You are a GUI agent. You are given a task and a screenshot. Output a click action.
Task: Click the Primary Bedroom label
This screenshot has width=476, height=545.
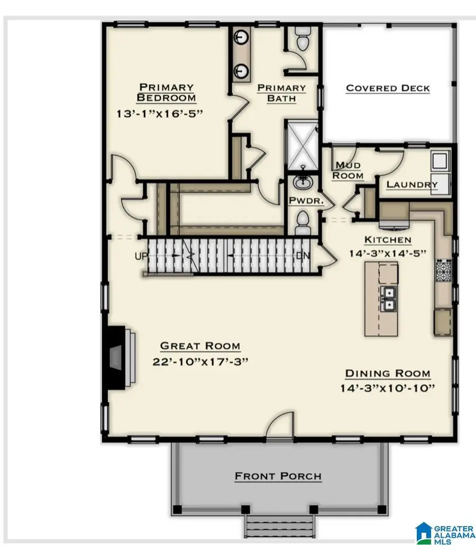pyautogui.click(x=166, y=92)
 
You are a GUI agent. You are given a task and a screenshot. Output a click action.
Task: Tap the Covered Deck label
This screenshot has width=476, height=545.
pyautogui.click(x=388, y=88)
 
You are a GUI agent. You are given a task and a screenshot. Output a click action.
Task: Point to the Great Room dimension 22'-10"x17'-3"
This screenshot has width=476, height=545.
pyautogui.click(x=200, y=361)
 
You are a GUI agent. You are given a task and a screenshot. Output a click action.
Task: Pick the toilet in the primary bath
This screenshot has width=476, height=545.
pyautogui.click(x=303, y=41)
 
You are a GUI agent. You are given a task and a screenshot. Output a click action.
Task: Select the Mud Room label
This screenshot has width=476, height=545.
pyautogui.click(x=349, y=170)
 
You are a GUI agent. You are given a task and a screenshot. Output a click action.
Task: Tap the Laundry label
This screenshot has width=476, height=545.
pyautogui.click(x=412, y=184)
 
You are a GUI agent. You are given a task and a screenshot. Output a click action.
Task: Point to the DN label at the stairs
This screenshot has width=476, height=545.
pyautogui.click(x=303, y=256)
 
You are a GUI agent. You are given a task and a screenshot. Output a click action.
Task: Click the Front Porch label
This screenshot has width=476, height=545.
pyautogui.click(x=278, y=476)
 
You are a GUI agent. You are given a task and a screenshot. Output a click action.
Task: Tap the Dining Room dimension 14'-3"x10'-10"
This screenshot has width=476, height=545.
pyautogui.click(x=387, y=388)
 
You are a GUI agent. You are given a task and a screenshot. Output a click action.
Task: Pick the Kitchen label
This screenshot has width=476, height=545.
pyautogui.click(x=388, y=240)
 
